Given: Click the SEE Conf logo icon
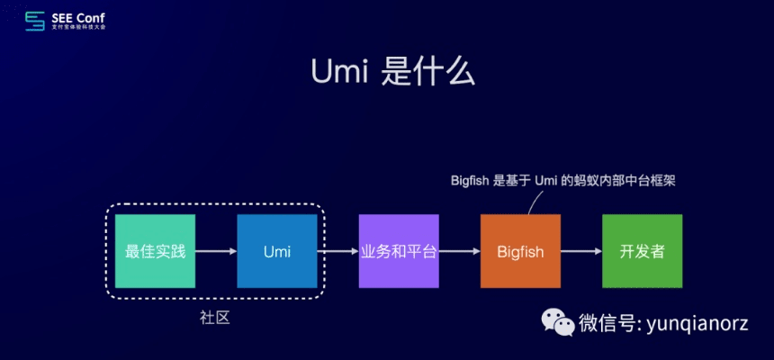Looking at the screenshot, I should (x=34, y=20).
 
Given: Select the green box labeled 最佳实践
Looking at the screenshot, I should (x=155, y=251).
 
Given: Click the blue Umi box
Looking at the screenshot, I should (x=276, y=251).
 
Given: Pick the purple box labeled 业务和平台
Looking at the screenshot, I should (x=398, y=251).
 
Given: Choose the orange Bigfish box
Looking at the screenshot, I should (x=520, y=251).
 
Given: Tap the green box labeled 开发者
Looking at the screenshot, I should (x=642, y=251).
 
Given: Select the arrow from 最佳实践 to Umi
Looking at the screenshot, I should (x=216, y=251).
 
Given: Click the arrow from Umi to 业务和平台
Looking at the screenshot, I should (x=337, y=251).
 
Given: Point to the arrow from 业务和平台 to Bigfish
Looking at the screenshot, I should (x=459, y=251).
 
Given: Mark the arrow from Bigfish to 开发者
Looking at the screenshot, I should (x=580, y=251).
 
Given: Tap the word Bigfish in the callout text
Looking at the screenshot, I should (x=471, y=180).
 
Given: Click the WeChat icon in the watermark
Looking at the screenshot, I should (x=557, y=321).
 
